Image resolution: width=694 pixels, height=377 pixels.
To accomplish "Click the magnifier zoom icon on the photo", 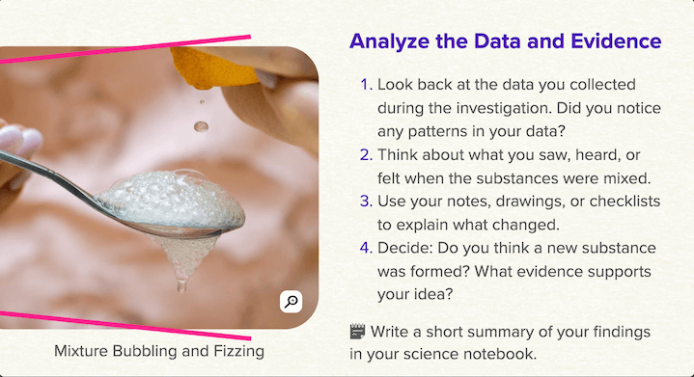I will [x=291, y=302].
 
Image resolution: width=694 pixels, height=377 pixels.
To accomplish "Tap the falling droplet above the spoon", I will [x=201, y=126].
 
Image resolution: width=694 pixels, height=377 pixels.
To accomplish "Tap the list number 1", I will [x=366, y=84].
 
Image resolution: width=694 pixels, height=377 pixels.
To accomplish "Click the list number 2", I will [x=365, y=154].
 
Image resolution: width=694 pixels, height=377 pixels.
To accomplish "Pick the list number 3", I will [x=365, y=202].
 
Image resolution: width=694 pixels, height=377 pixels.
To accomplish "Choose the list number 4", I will [x=365, y=249].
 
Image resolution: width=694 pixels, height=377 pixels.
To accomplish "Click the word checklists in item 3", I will [x=606, y=202].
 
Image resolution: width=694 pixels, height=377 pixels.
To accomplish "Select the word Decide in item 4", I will [x=406, y=249].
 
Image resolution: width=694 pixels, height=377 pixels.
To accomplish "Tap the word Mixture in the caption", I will [x=83, y=351].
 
